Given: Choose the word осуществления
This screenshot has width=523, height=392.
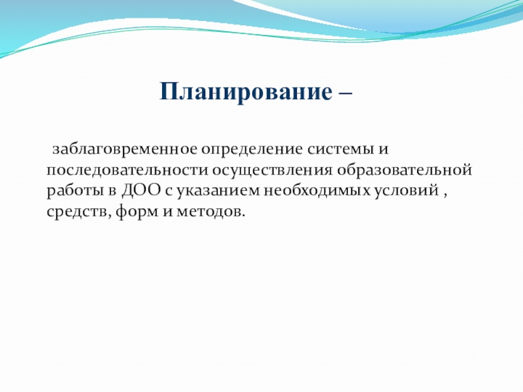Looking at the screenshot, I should [x=272, y=171].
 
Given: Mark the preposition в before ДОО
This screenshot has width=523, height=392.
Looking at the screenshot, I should [x=112, y=191].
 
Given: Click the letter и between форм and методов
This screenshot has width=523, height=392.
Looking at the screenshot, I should [x=160, y=212].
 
